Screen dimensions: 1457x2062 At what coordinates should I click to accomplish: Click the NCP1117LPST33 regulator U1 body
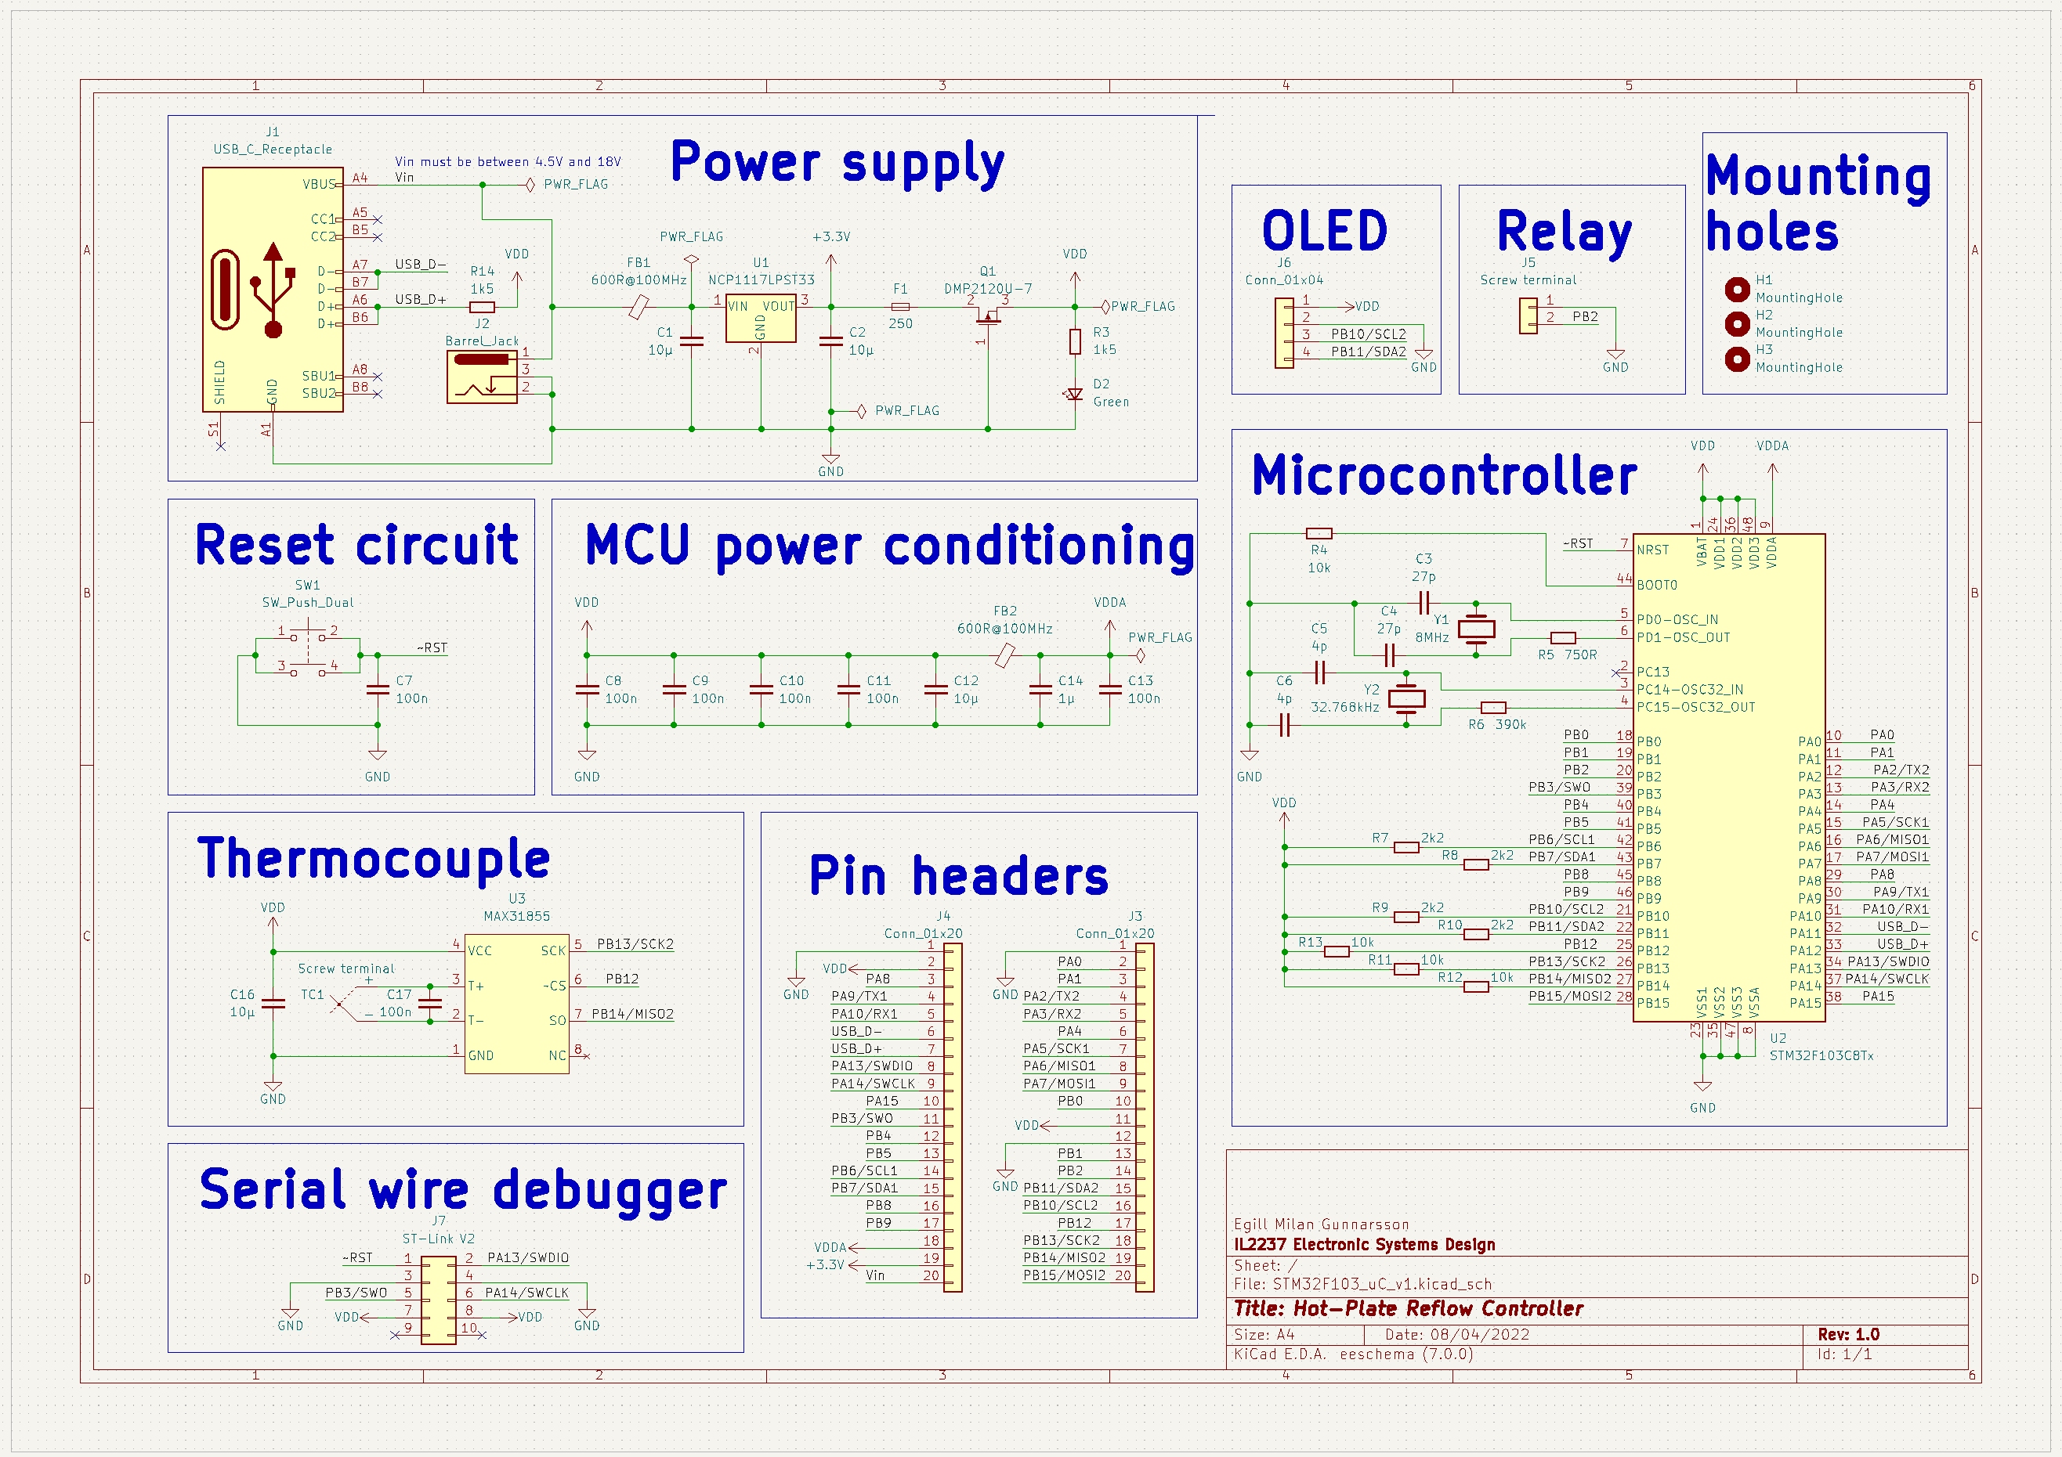[761, 319]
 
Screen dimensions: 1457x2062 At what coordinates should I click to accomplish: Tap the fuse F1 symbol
[900, 307]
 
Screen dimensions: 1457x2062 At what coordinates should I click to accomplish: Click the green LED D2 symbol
[1074, 393]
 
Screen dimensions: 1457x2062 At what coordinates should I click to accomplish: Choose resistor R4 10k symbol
[1319, 533]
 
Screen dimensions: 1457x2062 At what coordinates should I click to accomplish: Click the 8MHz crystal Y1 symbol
[1475, 629]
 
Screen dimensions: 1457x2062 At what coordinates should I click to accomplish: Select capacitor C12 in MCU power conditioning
[935, 690]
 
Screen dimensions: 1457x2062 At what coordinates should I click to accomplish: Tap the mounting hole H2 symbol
[1737, 323]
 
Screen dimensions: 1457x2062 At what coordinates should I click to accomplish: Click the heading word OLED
[1324, 232]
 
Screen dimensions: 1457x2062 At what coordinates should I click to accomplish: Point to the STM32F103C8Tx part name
[1821, 1055]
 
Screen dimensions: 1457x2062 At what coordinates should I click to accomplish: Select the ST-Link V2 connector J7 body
[438, 1300]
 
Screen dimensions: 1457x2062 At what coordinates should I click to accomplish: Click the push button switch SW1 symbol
[307, 648]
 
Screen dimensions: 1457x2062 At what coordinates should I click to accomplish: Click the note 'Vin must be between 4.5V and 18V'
[508, 161]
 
